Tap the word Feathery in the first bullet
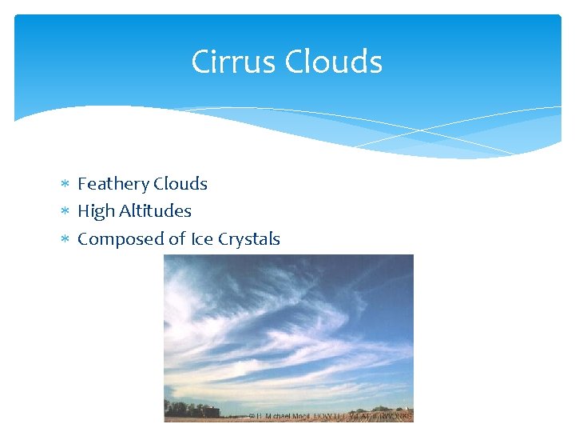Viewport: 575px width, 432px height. (113, 184)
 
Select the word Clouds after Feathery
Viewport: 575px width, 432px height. (180, 184)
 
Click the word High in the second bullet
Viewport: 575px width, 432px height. (96, 211)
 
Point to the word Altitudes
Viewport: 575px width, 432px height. (155, 211)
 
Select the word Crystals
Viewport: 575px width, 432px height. (249, 239)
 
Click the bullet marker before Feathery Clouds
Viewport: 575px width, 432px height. (66, 185)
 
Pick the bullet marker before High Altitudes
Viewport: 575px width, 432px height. (66, 212)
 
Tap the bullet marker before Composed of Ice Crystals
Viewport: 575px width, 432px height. (66, 240)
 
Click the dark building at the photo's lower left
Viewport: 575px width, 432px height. (208, 410)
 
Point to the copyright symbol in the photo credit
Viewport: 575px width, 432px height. (252, 416)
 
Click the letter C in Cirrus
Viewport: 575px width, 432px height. (200, 62)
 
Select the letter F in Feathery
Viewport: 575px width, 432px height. (82, 184)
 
